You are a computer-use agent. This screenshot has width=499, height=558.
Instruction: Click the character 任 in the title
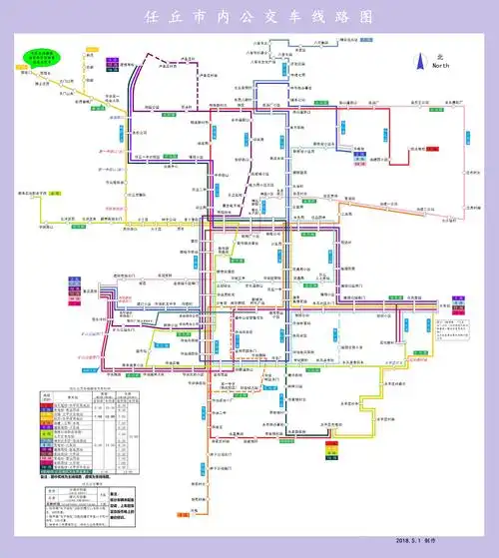pyautogui.click(x=153, y=19)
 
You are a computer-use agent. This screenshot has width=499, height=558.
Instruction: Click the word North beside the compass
pyautogui.click(x=439, y=65)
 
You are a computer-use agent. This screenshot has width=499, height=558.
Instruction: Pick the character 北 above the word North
pyautogui.click(x=438, y=56)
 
